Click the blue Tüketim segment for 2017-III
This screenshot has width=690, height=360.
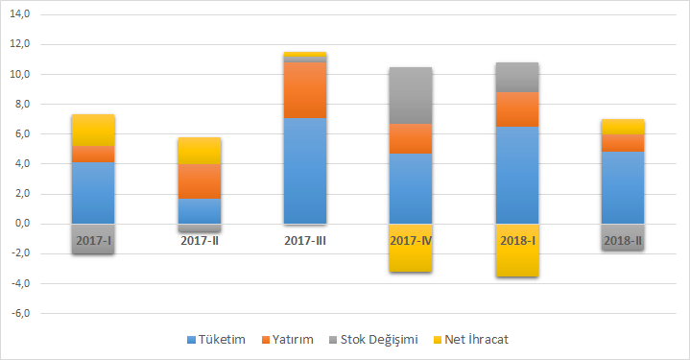click(305, 171)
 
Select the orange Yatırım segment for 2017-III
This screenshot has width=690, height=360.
click(305, 90)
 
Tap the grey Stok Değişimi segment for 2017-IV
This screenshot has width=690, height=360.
click(410, 96)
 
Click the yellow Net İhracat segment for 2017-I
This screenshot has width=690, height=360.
click(93, 131)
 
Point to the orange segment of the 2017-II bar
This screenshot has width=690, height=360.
click(200, 181)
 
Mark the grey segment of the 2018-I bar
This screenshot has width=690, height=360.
click(516, 77)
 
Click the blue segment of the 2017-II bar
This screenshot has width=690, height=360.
click(200, 210)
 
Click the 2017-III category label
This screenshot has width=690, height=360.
click(305, 240)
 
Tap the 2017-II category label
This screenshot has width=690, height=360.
click(200, 240)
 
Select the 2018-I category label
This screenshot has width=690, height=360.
click(516, 240)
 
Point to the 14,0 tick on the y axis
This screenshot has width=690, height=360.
click(19, 15)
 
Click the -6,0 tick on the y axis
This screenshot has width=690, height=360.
click(19, 314)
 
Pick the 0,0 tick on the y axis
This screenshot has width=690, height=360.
click(21, 224)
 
